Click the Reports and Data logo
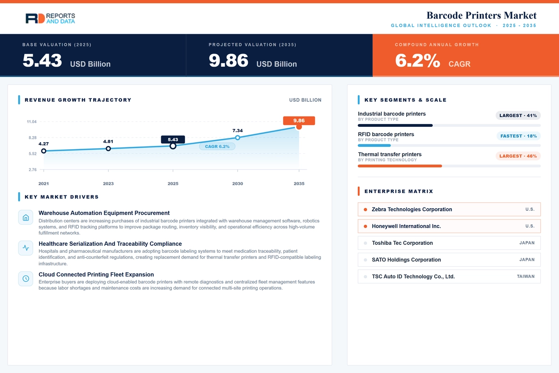click(50, 19)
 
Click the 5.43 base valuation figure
click(42, 61)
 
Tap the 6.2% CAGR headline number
click(417, 61)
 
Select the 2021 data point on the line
click(44, 151)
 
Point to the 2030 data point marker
click(238, 138)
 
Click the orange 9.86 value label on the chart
click(299, 121)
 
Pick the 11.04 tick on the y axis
click(32, 122)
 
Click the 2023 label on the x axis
click(108, 184)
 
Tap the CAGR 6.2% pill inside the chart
click(217, 146)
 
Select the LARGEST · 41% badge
click(518, 116)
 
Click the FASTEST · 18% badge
click(518, 136)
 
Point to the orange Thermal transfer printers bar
click(400, 166)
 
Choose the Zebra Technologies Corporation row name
click(412, 209)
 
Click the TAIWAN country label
click(526, 276)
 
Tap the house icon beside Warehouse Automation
click(26, 217)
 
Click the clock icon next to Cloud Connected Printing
click(26, 278)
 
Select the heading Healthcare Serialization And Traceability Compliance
click(110, 243)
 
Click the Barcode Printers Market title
click(481, 15)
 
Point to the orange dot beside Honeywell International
click(365, 226)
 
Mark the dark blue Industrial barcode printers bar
click(395, 125)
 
